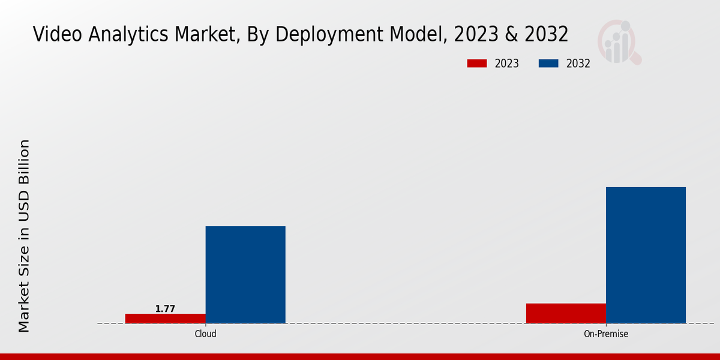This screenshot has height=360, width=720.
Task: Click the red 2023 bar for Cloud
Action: click(165, 319)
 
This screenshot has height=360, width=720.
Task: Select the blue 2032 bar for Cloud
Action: click(245, 275)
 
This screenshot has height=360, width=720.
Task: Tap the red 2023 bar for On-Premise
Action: click(566, 313)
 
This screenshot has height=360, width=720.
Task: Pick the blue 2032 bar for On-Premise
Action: click(646, 255)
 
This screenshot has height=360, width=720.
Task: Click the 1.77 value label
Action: click(165, 309)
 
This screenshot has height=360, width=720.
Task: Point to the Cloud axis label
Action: click(205, 334)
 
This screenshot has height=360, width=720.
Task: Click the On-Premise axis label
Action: click(606, 334)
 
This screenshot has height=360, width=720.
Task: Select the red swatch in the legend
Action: click(477, 64)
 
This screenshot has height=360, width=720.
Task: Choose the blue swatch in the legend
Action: click(548, 64)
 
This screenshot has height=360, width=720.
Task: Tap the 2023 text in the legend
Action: click(507, 64)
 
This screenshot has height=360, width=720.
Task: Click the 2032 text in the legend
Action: click(578, 64)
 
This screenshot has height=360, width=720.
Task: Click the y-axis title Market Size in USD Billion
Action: click(24, 236)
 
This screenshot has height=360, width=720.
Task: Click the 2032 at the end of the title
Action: click(546, 34)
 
